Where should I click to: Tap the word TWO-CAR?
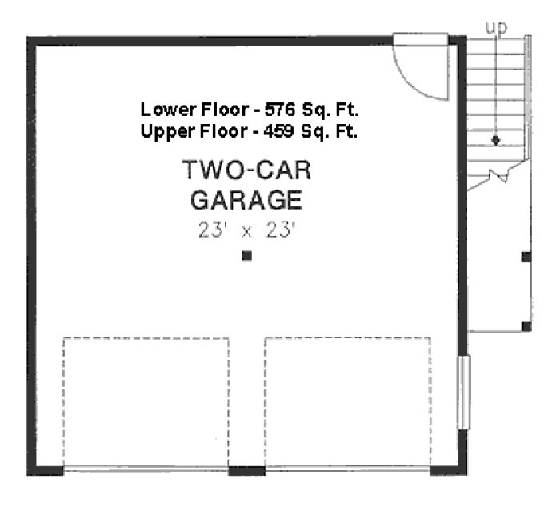[x=246, y=171]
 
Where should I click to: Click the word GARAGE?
[x=246, y=199]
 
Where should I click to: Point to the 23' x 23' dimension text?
[x=246, y=230]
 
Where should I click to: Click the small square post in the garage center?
[x=247, y=256]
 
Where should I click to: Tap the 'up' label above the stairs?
[x=497, y=27]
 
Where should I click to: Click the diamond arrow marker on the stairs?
[x=496, y=140]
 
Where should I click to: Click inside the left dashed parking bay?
[x=146, y=402]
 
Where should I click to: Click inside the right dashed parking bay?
[x=347, y=402]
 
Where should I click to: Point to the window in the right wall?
[x=463, y=392]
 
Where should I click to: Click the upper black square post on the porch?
[x=526, y=257]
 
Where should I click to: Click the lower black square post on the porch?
[x=526, y=325]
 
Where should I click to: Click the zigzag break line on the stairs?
[x=498, y=175]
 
